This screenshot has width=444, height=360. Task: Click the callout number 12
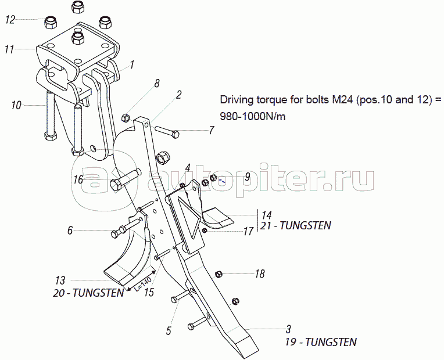(10, 20)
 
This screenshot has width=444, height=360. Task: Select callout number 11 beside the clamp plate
(9, 50)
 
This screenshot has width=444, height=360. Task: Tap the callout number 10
(16, 105)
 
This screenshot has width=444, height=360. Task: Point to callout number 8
(156, 84)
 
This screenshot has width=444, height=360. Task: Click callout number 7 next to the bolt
(212, 131)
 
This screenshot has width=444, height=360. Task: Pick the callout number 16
(78, 179)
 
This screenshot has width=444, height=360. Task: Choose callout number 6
(70, 231)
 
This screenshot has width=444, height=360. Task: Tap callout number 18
(260, 273)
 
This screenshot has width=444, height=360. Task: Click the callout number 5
(169, 331)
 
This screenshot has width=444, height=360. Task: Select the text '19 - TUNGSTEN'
(320, 341)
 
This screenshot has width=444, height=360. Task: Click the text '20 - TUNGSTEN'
(88, 293)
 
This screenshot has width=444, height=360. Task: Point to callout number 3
(288, 329)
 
